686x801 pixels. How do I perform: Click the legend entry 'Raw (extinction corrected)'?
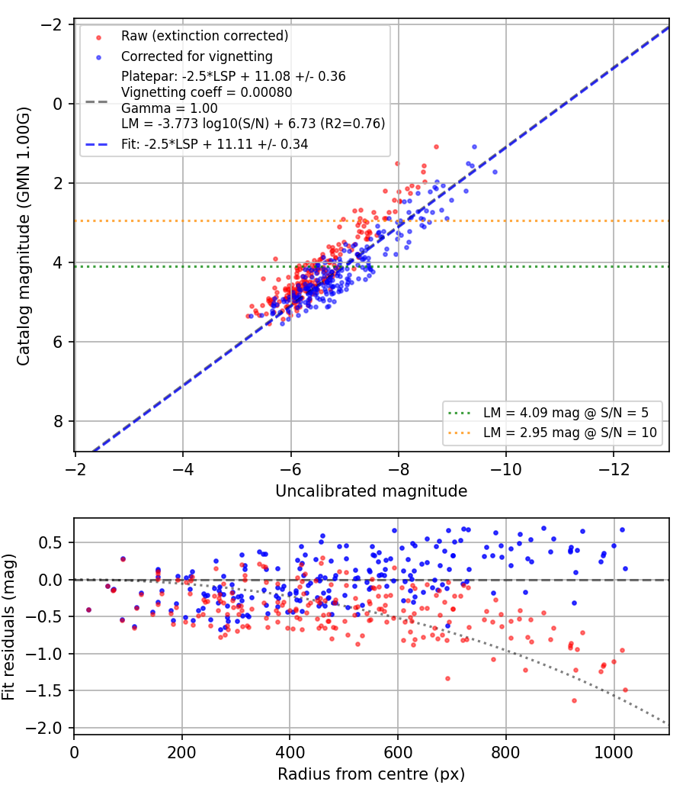(205, 36)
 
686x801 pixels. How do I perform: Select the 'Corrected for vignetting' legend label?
(197, 56)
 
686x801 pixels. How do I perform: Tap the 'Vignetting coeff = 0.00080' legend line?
(207, 92)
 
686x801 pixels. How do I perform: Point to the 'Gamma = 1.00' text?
(169, 108)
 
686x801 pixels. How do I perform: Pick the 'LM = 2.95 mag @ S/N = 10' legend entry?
(570, 433)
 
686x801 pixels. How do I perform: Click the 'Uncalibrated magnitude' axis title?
(371, 491)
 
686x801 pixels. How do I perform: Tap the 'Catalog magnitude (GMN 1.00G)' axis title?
(24, 236)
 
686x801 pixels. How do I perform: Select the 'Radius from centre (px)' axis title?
(371, 774)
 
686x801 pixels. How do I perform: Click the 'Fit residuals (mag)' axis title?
(8, 627)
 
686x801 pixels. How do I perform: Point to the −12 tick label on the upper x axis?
(614, 469)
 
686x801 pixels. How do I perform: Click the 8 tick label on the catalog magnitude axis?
(58, 421)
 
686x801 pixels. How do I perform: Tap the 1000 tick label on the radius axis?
(614, 752)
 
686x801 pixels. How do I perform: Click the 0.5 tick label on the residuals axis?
(53, 542)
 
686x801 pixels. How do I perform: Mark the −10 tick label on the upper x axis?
(506, 469)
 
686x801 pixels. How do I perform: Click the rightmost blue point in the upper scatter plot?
(495, 172)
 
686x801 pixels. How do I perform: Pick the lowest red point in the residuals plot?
(574, 701)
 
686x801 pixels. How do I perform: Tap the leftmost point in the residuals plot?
(89, 610)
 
